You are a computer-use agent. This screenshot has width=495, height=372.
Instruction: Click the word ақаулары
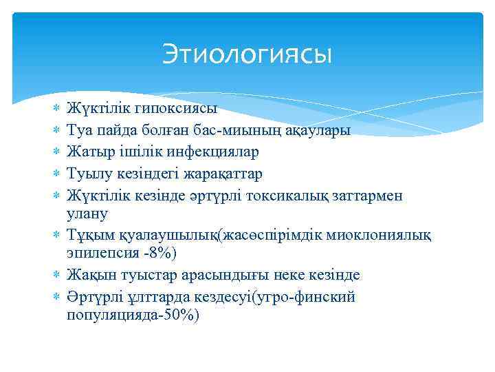pos(324,130)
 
